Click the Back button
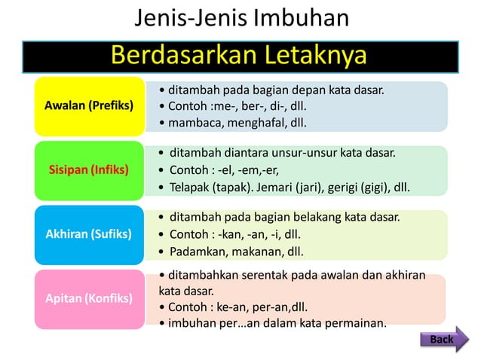click(x=442, y=340)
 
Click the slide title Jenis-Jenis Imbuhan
click(x=241, y=18)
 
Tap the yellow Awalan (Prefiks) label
click(x=90, y=105)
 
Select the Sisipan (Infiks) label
click(x=90, y=169)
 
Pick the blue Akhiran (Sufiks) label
click(x=90, y=234)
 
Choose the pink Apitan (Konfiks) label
click(x=90, y=298)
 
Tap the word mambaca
click(x=192, y=121)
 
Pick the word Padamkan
click(x=198, y=251)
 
